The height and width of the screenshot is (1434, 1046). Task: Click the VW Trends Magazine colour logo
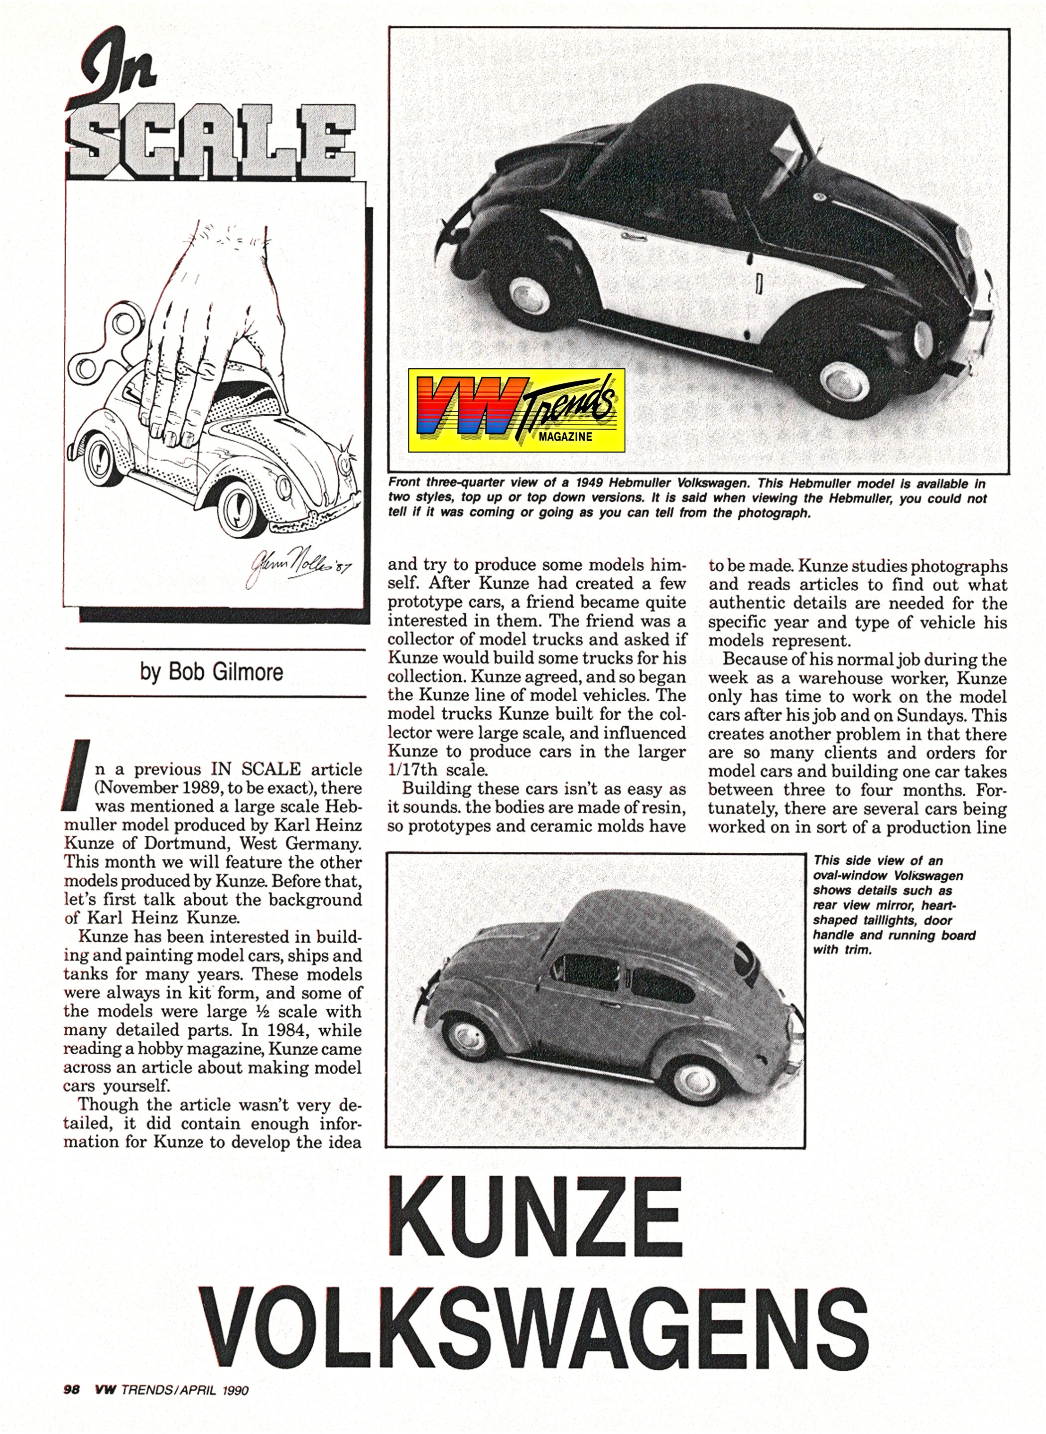[x=516, y=410]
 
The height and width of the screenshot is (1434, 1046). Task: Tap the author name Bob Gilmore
[x=212, y=672]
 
